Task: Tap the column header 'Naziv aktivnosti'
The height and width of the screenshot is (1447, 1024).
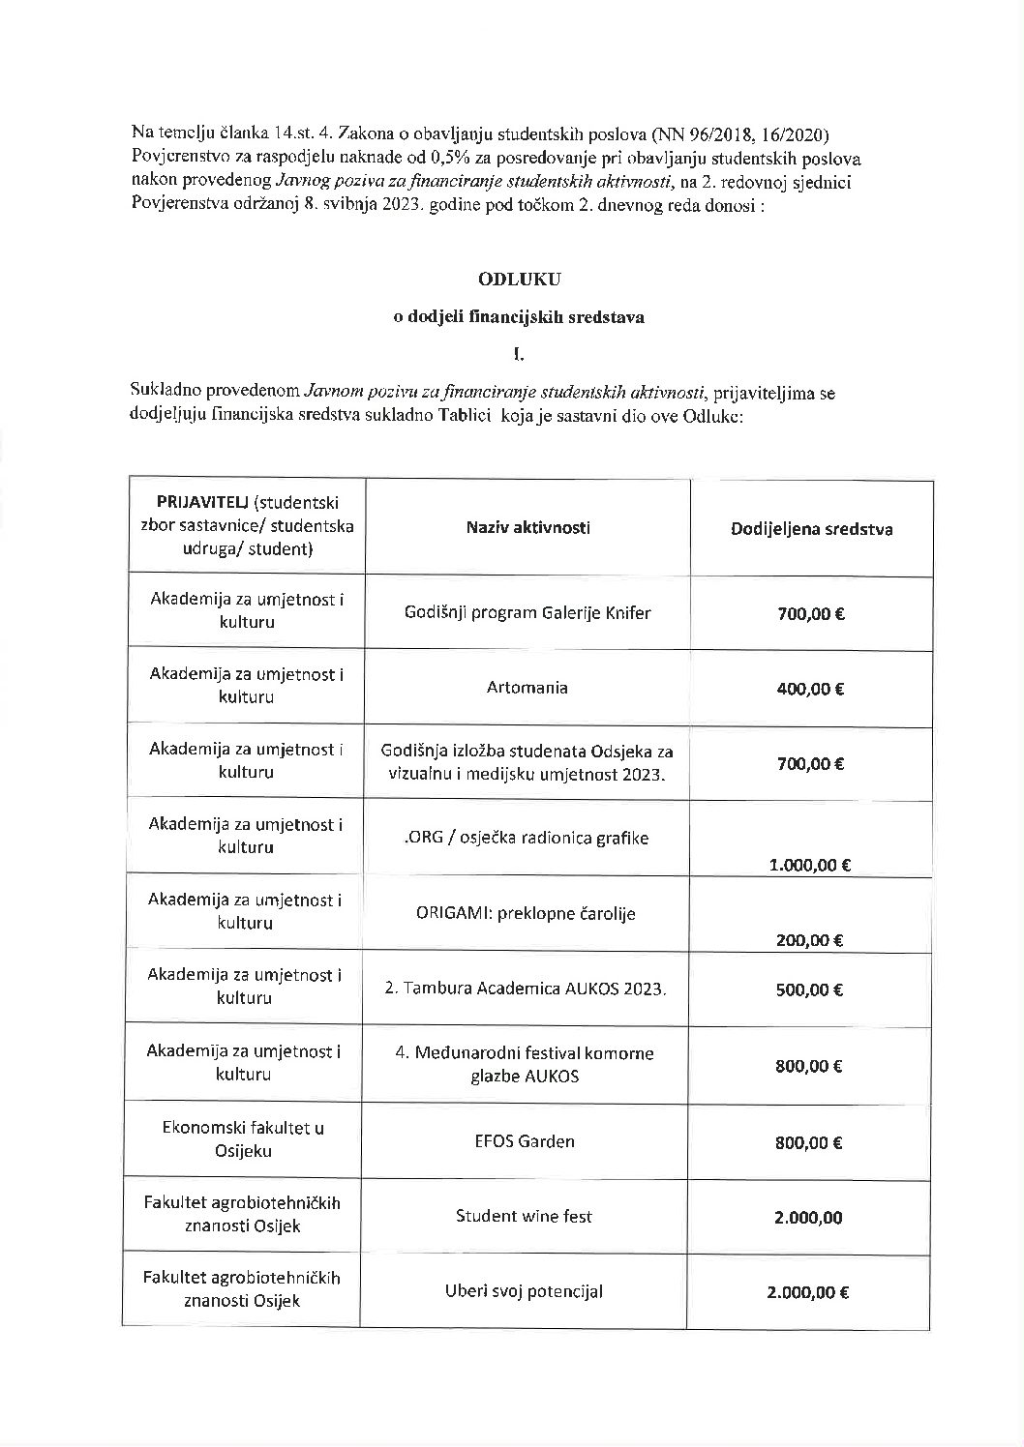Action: click(x=527, y=527)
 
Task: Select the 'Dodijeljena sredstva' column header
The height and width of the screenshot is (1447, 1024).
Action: click(x=811, y=529)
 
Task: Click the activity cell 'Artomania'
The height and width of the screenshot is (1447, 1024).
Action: click(x=527, y=688)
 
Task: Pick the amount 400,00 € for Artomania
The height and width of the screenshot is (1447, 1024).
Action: click(x=810, y=689)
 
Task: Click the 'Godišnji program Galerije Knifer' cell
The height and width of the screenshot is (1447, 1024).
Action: click(x=527, y=612)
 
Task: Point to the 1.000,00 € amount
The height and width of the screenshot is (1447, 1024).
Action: click(x=810, y=866)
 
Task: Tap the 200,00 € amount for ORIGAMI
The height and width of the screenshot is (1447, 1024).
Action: click(x=810, y=939)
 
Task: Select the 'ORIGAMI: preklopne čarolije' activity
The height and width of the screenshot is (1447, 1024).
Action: click(x=527, y=913)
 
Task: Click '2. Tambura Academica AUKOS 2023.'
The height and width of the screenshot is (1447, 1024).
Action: click(x=527, y=989)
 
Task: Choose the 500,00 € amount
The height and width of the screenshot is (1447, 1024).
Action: click(x=810, y=989)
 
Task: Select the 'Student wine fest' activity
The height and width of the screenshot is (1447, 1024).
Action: click(x=524, y=1216)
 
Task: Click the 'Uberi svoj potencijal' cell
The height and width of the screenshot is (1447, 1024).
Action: click(x=524, y=1291)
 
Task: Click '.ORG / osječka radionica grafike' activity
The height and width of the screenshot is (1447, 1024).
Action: click(x=527, y=838)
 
